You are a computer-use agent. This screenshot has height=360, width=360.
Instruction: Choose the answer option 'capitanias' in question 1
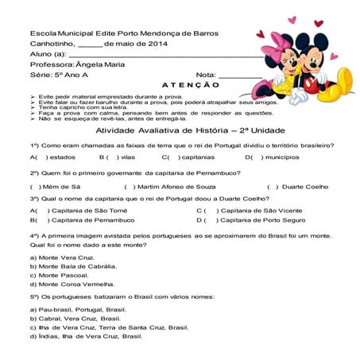point(197,157)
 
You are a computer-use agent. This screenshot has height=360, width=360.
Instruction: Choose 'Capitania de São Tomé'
point(87,210)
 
